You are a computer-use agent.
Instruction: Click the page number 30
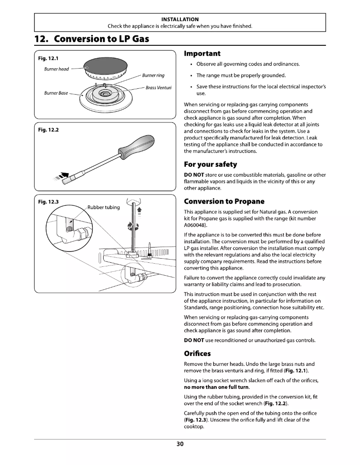180,444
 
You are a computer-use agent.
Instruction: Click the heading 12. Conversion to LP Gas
92,39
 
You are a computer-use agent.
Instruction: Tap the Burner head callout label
57,69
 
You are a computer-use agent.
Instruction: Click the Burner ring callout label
153,74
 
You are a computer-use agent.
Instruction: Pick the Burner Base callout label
56,93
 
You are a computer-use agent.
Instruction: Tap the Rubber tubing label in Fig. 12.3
103,207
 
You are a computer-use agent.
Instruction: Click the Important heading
202,53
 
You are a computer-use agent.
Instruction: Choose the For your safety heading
211,164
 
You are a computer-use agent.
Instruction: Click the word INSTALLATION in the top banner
180,19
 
